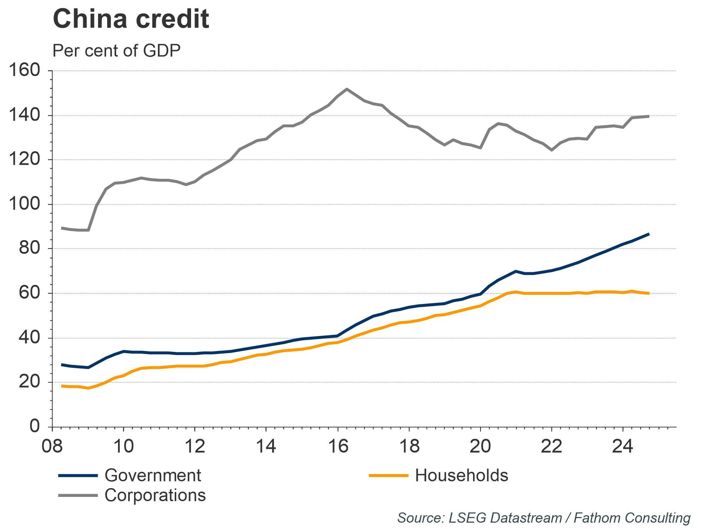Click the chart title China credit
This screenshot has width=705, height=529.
(131, 19)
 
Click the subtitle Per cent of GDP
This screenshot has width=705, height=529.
(116, 51)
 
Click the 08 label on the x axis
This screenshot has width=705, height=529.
(52, 446)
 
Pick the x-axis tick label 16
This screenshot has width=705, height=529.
(338, 446)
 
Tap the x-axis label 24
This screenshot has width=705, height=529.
(623, 446)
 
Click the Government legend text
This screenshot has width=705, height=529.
(153, 475)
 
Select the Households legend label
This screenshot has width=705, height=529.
(461, 475)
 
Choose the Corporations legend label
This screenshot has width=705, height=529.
(155, 495)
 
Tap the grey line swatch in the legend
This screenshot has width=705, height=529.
(78, 495)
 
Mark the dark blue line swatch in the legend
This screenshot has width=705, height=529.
(78, 476)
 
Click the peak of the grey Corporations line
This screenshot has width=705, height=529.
(347, 89)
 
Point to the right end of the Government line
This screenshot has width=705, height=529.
(649, 234)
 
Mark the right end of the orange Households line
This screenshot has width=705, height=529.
(649, 293)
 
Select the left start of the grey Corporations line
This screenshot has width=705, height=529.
(62, 228)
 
